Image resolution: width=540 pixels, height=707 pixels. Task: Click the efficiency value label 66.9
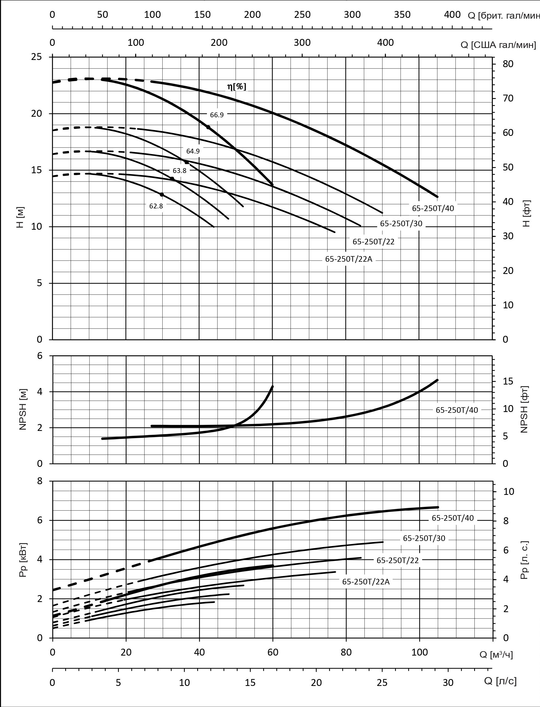click(x=217, y=115)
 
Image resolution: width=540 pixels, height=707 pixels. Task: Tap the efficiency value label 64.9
click(x=193, y=151)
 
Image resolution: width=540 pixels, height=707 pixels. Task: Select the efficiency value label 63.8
click(x=179, y=171)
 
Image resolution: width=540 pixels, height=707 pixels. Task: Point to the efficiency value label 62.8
click(x=156, y=206)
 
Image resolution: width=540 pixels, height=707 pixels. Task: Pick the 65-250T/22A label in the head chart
click(x=348, y=259)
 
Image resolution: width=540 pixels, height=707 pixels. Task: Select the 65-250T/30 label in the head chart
click(x=401, y=223)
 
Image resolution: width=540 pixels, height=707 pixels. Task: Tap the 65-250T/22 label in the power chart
click(x=398, y=560)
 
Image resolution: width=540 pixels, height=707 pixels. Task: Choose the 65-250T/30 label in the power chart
click(x=424, y=538)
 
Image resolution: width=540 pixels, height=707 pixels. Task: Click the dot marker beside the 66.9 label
click(x=208, y=127)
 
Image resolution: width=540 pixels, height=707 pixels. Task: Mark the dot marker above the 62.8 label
click(x=162, y=195)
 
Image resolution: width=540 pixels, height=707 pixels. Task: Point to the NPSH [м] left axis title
click(x=23, y=410)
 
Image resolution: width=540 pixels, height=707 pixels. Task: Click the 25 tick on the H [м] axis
click(x=37, y=57)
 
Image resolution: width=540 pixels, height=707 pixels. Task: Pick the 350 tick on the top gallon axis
click(x=402, y=15)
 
